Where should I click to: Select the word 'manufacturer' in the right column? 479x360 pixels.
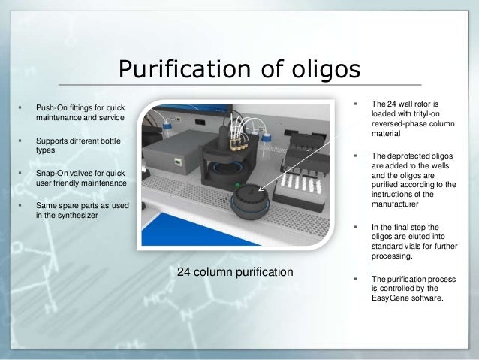[x=399, y=203]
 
